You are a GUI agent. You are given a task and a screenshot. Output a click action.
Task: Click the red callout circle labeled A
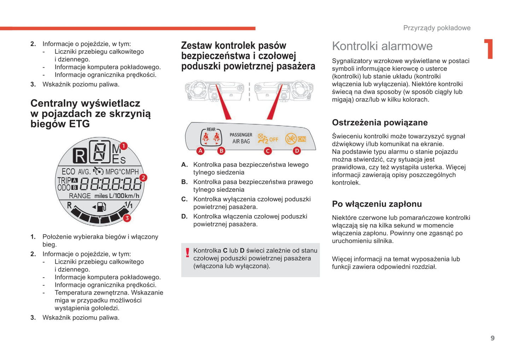pyautogui.click(x=200, y=151)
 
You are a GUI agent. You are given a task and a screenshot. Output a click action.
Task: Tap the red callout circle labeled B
pyautogui.click(x=221, y=151)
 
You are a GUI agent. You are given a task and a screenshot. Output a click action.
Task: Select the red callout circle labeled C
pyautogui.click(x=268, y=151)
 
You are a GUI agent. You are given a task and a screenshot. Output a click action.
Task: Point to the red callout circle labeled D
pyautogui.click(x=297, y=151)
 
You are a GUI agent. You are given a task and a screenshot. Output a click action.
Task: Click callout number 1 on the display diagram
pyautogui.click(x=123, y=146)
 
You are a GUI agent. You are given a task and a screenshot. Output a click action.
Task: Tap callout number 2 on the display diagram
pyautogui.click(x=143, y=178)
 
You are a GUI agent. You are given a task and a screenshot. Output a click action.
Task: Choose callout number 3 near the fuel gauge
pyautogui.click(x=127, y=218)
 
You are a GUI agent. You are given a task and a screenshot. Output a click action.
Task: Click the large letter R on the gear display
pyautogui.click(x=80, y=156)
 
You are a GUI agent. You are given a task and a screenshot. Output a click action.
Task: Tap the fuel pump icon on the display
pyautogui.click(x=101, y=207)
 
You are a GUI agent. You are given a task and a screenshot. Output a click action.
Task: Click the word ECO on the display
pyautogui.click(x=68, y=172)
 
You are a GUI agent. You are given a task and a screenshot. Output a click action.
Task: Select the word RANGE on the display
pyautogui.click(x=80, y=196)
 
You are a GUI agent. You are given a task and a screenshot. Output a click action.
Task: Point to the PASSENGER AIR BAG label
pyautogui.click(x=241, y=138)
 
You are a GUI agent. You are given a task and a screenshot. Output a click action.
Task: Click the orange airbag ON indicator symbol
pyautogui.click(x=296, y=139)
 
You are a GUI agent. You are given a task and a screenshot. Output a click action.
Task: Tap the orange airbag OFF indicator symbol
pyautogui.click(x=268, y=139)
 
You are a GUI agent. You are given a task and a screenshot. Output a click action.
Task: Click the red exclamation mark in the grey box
pyautogui.click(x=187, y=253)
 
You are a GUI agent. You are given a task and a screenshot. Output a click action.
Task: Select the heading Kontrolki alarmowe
pyautogui.click(x=382, y=46)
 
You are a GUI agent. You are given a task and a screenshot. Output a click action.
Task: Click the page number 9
pyautogui.click(x=492, y=338)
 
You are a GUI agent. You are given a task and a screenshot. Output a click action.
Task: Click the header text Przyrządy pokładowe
pyautogui.click(x=437, y=28)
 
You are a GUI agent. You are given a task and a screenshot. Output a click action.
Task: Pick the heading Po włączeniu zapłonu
pyautogui.click(x=377, y=204)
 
